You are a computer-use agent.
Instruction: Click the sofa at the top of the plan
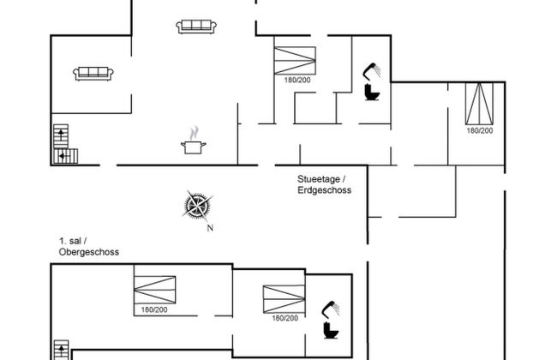tap(195, 27)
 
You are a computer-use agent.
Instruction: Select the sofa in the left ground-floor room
tap(94, 73)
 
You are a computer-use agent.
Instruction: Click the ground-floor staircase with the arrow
tap(63, 145)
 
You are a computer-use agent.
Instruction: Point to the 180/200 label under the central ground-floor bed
tap(294, 81)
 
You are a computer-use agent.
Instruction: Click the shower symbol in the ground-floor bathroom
tap(372, 69)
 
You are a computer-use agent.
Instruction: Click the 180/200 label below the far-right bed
tap(479, 130)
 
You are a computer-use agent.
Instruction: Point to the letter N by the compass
tap(209, 229)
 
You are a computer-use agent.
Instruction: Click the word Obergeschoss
tap(88, 253)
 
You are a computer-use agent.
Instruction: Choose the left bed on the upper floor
tap(154, 291)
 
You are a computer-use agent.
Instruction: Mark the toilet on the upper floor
tap(329, 329)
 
